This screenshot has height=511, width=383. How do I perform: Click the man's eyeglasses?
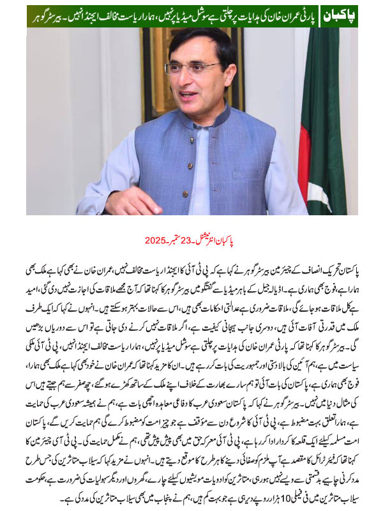[x=191, y=67]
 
